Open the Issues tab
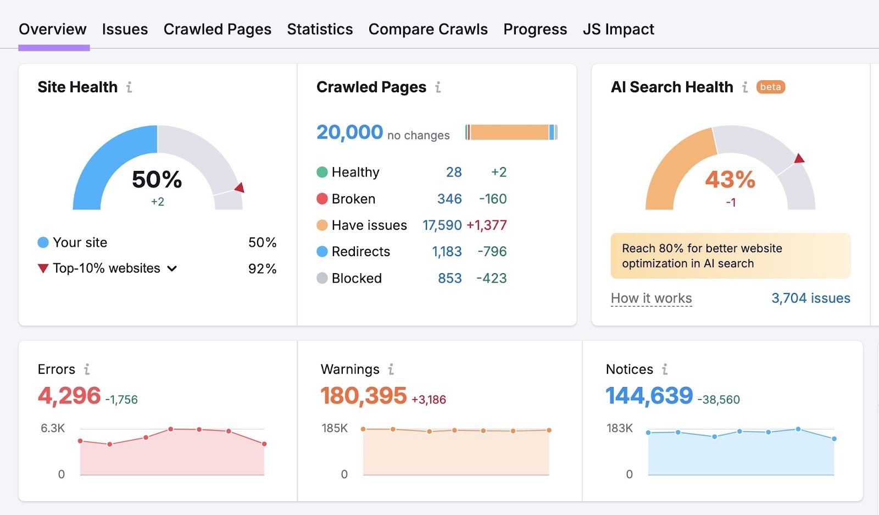tap(125, 29)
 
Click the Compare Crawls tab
tap(428, 29)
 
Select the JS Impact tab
tap(618, 29)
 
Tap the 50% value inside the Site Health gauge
tap(157, 180)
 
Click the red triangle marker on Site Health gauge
tap(240, 188)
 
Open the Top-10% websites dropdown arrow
tap(172, 269)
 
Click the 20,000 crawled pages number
tap(349, 132)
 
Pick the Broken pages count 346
tap(449, 199)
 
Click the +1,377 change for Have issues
tap(486, 225)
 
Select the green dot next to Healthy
tap(322, 173)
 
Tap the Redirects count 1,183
tap(447, 252)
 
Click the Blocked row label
tap(356, 278)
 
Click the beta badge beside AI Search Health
tap(770, 87)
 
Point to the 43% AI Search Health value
tap(730, 180)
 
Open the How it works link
tap(651, 298)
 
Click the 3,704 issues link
tap(810, 298)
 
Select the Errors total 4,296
tap(69, 396)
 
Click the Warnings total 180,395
tap(363, 396)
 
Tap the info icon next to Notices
tap(665, 369)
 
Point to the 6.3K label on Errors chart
tap(53, 428)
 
